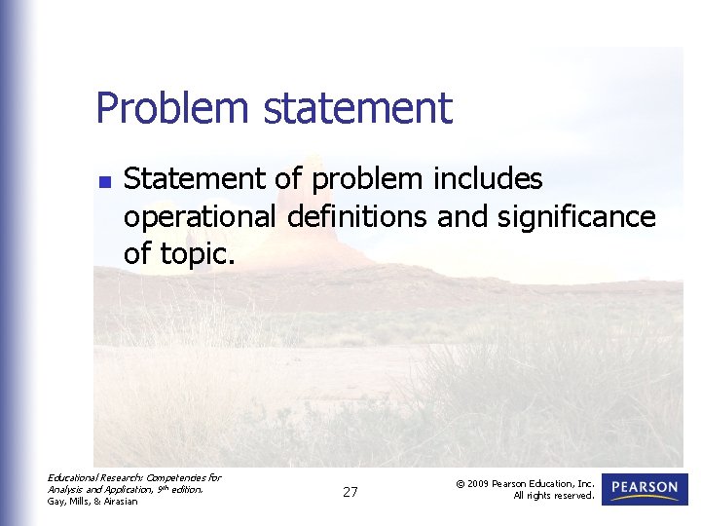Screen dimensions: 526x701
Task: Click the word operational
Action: pyautogui.click(x=201, y=216)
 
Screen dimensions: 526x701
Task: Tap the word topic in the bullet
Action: pyautogui.click(x=197, y=253)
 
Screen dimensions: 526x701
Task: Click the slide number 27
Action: pyautogui.click(x=350, y=493)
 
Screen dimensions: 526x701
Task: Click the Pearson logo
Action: pyautogui.click(x=645, y=489)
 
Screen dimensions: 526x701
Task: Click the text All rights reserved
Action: pyautogui.click(x=554, y=496)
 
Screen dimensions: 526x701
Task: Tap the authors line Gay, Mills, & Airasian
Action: pyautogui.click(x=92, y=502)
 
